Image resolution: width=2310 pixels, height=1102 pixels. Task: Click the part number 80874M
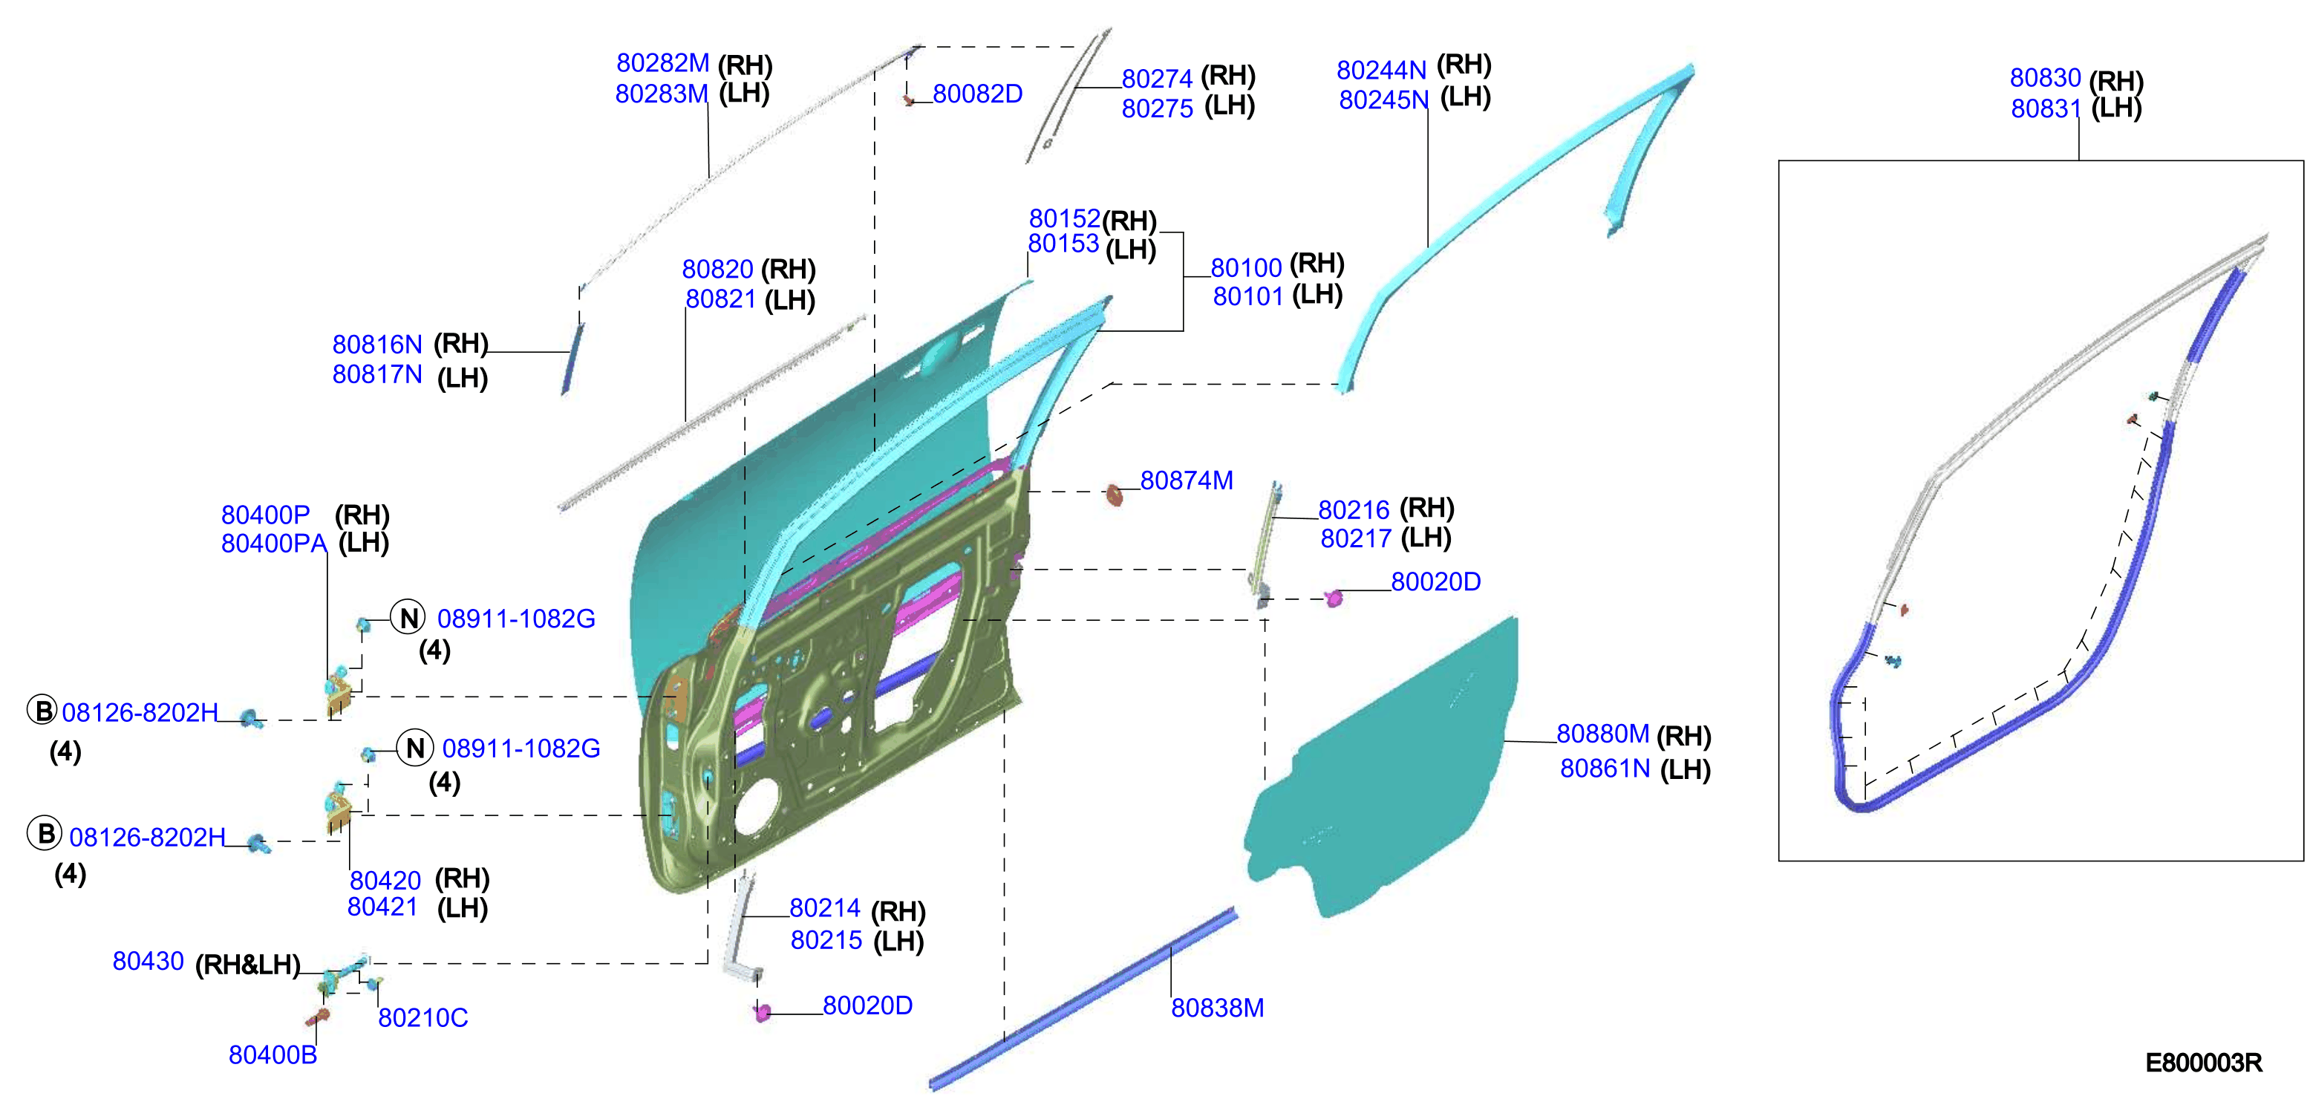coord(1187,480)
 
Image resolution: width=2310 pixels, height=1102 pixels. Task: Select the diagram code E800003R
coord(2203,1063)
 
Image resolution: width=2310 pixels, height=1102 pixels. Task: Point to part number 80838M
coord(1217,1008)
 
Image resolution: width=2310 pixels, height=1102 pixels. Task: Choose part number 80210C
coord(422,1017)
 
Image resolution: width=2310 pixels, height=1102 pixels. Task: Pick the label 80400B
coord(273,1054)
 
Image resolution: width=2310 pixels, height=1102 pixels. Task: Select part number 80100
coord(1247,268)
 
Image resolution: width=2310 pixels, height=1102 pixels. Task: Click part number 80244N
coord(1381,70)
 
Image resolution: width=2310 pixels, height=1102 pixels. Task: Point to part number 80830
coord(2046,78)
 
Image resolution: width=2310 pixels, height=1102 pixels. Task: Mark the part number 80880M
coord(1602,734)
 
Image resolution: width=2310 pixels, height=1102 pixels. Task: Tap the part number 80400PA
coord(273,544)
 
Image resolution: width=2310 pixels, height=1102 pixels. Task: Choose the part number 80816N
coord(376,345)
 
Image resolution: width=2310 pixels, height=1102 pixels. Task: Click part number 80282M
coord(662,63)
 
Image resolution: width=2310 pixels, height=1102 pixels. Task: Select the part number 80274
coord(1157,79)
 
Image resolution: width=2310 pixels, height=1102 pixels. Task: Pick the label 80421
coord(383,907)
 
